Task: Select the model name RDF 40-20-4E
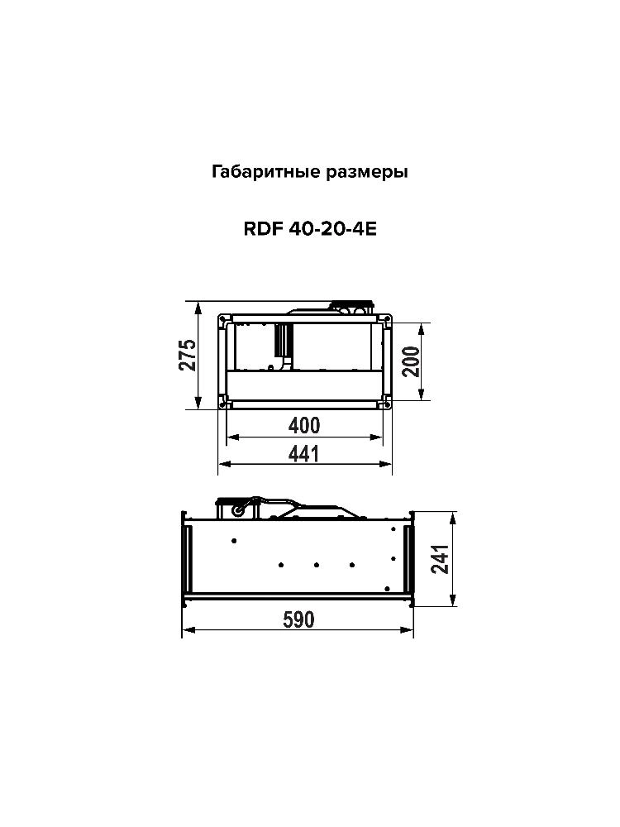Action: (309, 231)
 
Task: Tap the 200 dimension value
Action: (411, 361)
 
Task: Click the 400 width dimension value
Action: (304, 425)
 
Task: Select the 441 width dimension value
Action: (304, 453)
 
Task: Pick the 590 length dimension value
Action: (298, 620)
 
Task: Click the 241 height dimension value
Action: (441, 561)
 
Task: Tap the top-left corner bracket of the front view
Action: (223, 318)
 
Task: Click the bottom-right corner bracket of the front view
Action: (386, 403)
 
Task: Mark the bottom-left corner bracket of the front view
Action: (223, 403)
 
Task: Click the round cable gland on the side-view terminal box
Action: (238, 512)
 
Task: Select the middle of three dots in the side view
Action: (317, 566)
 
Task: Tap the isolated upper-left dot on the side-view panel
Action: (235, 541)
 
